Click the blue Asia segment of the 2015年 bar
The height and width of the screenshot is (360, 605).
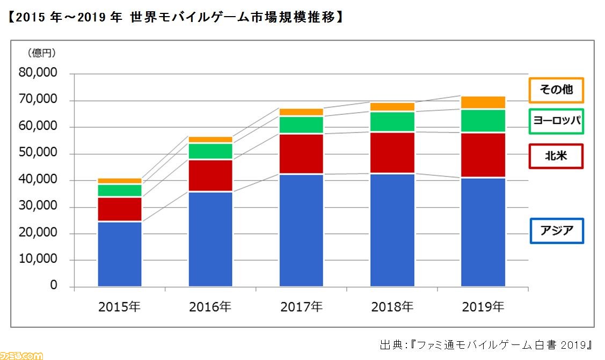click(120, 254)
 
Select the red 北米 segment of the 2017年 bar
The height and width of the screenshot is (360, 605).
click(301, 154)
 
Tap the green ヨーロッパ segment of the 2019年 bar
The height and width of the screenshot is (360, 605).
click(483, 121)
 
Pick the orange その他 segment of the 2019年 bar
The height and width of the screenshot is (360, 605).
click(483, 102)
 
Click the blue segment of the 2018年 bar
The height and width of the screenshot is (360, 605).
click(392, 230)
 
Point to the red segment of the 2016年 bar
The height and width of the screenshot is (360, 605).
click(210, 175)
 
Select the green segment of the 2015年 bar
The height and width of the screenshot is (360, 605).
click(120, 190)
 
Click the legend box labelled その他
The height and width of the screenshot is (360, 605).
click(556, 90)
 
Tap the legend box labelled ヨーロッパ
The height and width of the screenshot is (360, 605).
click(556, 122)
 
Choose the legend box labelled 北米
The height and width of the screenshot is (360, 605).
click(556, 156)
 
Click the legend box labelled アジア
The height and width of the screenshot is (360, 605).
click(557, 231)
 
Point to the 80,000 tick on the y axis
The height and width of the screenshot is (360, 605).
click(38, 74)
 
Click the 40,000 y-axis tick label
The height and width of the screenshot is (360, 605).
click(38, 180)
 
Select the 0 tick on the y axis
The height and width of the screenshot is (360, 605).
click(53, 286)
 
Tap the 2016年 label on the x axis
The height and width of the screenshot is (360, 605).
click(210, 307)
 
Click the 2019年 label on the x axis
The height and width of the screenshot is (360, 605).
click(483, 307)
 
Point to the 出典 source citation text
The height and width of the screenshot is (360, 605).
click(486, 344)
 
